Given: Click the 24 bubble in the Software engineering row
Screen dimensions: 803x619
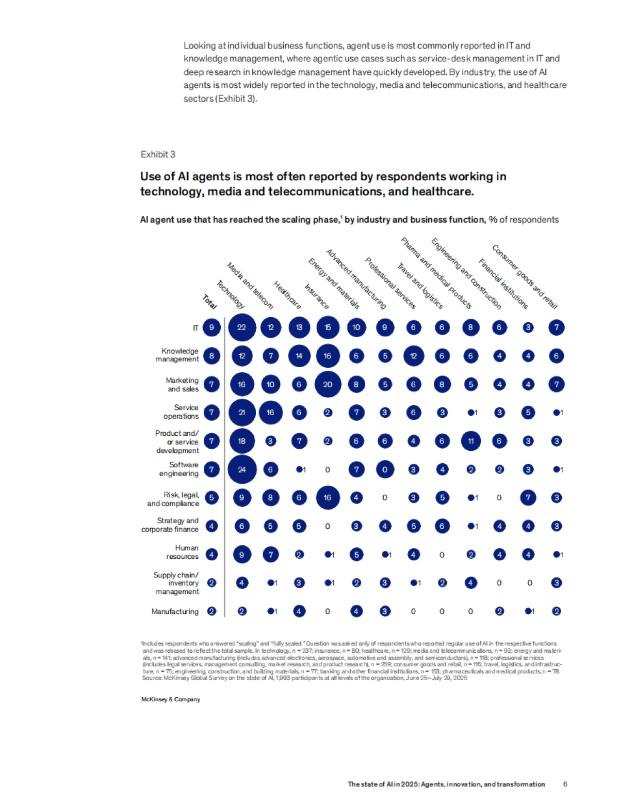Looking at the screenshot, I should click(241, 469).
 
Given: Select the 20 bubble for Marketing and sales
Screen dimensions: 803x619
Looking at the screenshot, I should click(328, 384).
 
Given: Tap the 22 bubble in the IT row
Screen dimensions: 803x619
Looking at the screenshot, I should click(241, 327).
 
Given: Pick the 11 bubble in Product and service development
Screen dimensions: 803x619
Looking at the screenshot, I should click(470, 441).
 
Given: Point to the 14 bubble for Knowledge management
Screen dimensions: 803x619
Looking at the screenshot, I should click(299, 356).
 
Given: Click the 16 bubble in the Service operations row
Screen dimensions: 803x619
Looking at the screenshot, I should click(270, 413).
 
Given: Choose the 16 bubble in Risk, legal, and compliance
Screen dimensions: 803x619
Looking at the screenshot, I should click(328, 498).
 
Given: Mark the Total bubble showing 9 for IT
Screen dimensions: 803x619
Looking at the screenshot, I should click(211, 327).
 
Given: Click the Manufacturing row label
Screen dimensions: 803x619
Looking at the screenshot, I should click(175, 611).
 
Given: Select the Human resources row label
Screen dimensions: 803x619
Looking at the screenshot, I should click(182, 552).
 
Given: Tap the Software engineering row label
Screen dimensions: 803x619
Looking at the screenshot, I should click(178, 469).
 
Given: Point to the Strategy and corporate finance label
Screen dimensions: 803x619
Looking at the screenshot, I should click(170, 525).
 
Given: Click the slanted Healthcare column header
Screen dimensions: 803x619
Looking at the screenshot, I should click(287, 295).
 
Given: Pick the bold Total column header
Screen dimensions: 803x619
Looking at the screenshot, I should click(209, 302).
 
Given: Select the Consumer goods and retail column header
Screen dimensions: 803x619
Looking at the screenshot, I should click(525, 277).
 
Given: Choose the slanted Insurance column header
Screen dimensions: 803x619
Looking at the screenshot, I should click(317, 296).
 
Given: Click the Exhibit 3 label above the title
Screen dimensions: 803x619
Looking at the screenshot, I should click(158, 154).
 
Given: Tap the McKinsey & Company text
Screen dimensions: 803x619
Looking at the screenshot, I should click(171, 699).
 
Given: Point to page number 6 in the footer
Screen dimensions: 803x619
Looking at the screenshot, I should click(565, 784).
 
